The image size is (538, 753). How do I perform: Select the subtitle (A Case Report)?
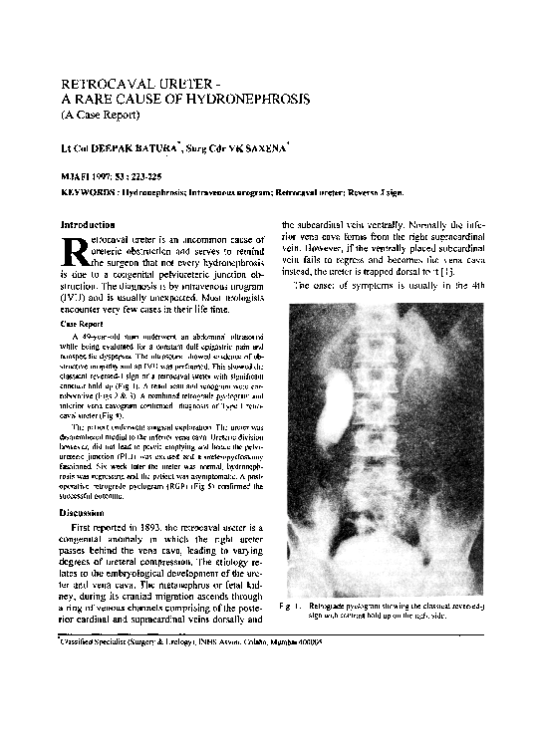click(x=103, y=116)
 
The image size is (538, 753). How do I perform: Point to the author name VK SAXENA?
click(x=263, y=148)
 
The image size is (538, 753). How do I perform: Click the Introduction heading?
click(x=89, y=225)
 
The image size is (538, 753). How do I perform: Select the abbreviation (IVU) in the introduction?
click(x=75, y=297)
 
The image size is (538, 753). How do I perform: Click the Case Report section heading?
click(x=83, y=325)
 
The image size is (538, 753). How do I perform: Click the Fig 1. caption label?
click(x=292, y=606)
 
